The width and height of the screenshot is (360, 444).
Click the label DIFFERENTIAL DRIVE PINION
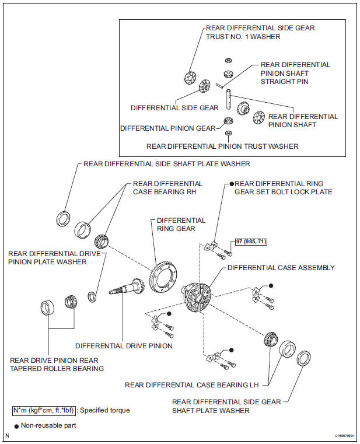point(124,346)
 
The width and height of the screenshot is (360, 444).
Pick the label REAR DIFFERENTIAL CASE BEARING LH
point(192,384)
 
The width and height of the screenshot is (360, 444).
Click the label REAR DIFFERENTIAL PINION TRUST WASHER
point(222,146)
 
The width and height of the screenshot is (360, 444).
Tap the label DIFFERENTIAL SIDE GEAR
point(174,108)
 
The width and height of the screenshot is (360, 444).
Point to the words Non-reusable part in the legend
point(49,426)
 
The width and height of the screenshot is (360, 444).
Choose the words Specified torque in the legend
point(104,410)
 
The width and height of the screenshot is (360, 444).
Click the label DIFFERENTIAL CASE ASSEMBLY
point(281,268)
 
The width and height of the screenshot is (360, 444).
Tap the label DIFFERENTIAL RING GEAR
point(181,225)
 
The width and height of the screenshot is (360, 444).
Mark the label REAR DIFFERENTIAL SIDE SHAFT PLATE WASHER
point(166,164)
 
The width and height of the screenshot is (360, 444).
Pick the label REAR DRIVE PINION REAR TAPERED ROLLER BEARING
point(57,364)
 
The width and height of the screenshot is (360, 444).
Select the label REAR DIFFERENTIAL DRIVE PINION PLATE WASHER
point(54,257)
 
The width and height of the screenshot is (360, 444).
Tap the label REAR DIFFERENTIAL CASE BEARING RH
point(168,187)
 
